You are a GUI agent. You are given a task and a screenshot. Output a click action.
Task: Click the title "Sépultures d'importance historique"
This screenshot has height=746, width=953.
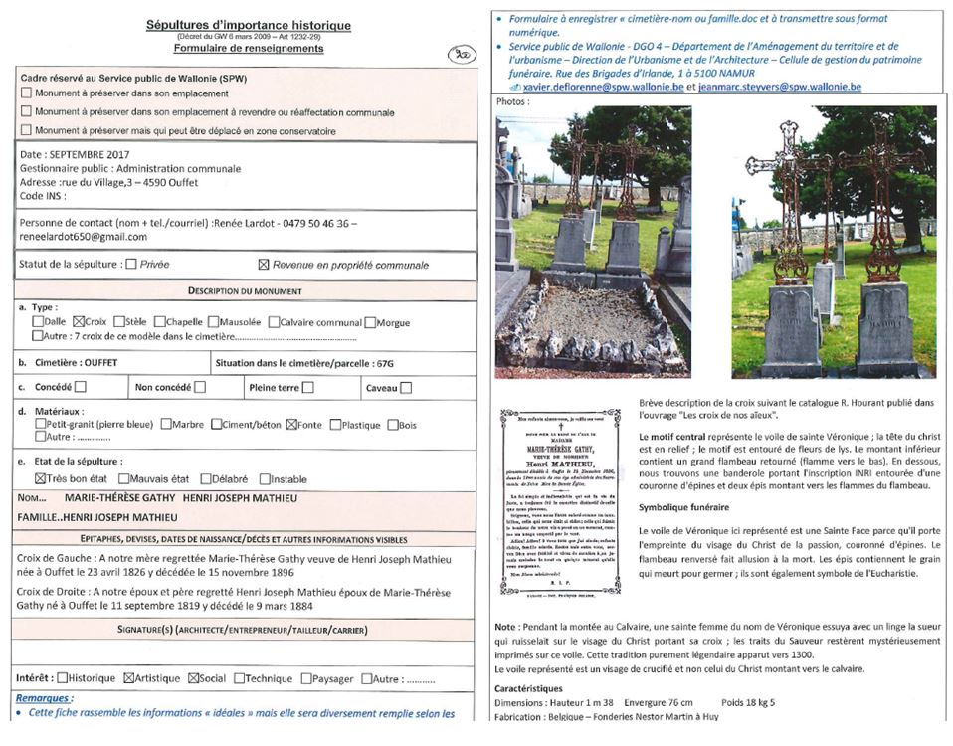click(248, 25)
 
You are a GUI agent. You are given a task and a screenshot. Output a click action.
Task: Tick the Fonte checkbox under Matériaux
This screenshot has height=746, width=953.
click(292, 425)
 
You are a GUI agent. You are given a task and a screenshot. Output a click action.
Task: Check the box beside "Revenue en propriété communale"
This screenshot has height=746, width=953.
click(264, 265)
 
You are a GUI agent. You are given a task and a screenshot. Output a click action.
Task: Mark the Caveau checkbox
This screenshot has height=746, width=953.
click(406, 388)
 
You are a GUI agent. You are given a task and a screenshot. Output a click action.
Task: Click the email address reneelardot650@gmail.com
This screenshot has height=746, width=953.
click(83, 237)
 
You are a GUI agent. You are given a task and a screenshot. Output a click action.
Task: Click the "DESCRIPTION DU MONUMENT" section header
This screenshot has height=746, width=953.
click(248, 290)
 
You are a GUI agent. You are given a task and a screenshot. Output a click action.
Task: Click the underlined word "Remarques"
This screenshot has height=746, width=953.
click(45, 699)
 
